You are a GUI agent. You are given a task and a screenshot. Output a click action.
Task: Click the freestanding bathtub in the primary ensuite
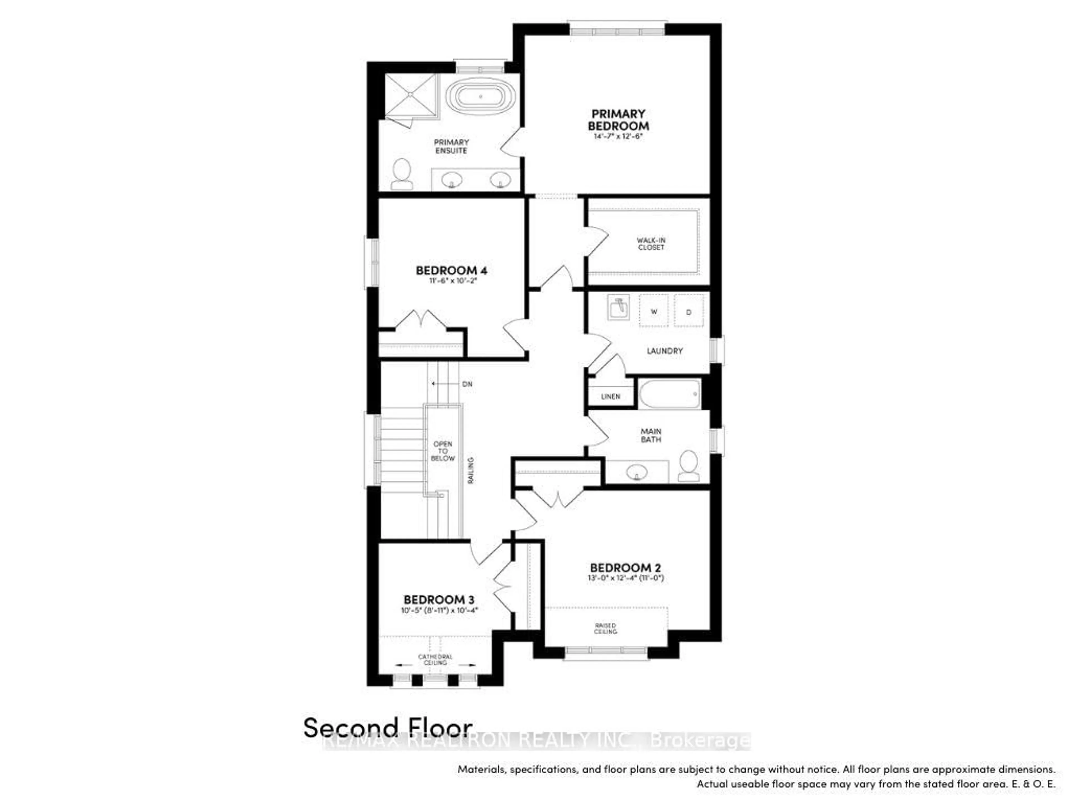tap(481, 97)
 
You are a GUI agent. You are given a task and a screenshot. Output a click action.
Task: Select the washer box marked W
tap(654, 311)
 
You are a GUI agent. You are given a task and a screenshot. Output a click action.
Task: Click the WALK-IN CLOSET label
tap(651, 243)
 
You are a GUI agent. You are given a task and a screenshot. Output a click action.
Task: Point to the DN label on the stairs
tap(467, 384)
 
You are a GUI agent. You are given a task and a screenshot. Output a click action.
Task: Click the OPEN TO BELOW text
tap(443, 451)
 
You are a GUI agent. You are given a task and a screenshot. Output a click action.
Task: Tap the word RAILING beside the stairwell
tap(471, 470)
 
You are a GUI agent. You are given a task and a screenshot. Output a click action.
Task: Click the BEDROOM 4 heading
tap(451, 270)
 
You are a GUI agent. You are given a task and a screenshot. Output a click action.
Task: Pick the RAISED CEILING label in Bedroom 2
tap(606, 628)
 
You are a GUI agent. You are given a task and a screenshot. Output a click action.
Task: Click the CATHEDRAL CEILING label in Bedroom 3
tap(435, 659)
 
